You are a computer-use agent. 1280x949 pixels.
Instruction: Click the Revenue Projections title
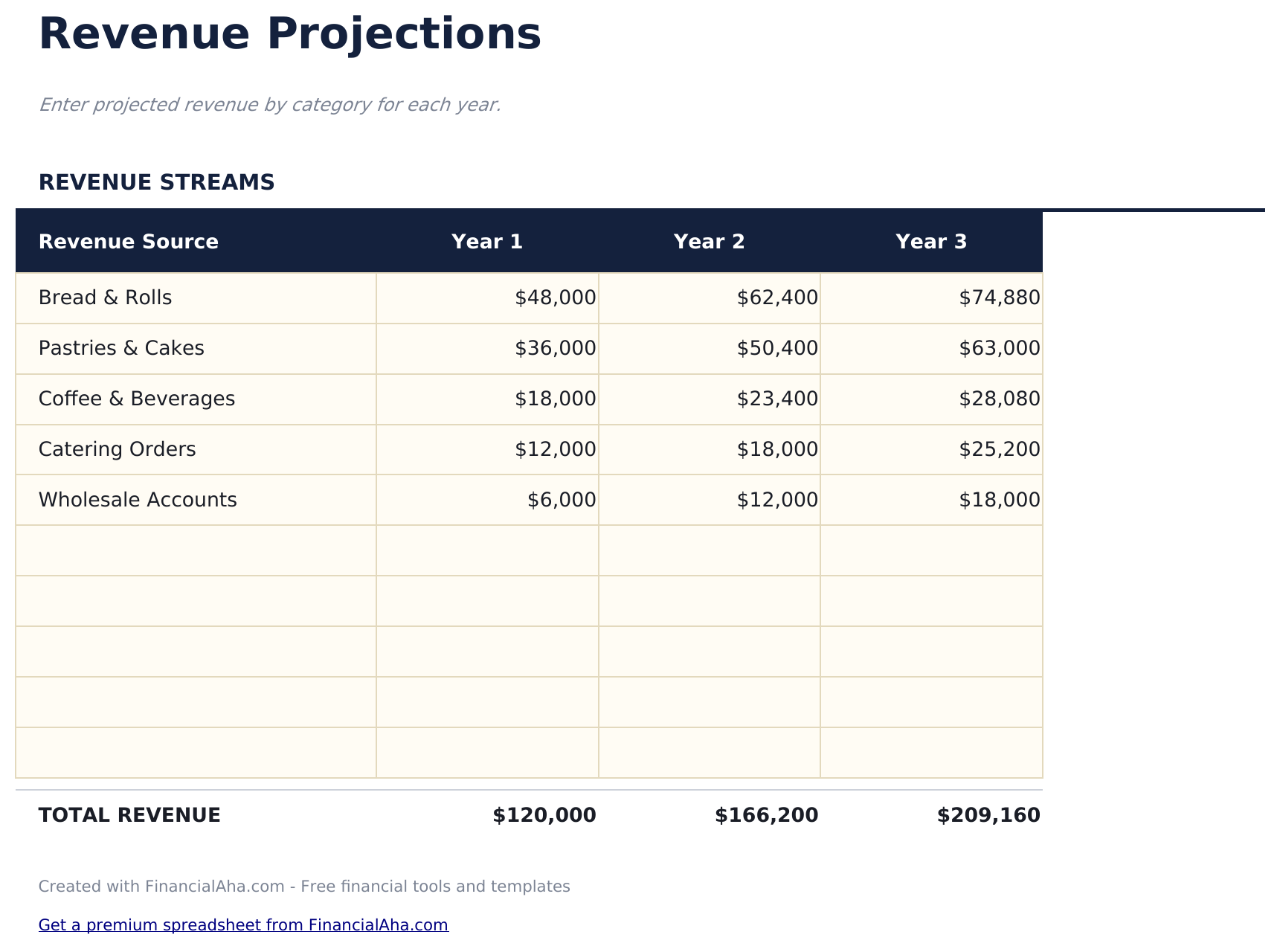(289, 34)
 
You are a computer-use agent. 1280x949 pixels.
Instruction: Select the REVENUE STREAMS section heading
(156, 182)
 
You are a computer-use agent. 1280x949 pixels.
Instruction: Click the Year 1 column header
(487, 242)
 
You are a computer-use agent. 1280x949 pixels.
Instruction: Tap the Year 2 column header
(709, 242)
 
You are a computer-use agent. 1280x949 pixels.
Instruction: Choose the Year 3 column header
(931, 242)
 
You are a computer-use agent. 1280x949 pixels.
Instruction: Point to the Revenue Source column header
(128, 242)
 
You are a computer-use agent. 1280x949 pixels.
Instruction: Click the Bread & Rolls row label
(105, 298)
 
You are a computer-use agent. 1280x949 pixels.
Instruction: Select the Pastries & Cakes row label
(121, 349)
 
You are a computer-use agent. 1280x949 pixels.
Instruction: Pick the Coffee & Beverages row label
(136, 399)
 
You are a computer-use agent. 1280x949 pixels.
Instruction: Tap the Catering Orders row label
(117, 450)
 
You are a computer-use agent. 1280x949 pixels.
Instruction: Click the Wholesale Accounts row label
(138, 500)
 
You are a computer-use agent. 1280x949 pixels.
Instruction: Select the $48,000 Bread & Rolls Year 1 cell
(555, 298)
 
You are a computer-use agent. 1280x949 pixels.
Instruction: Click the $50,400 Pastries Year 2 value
(777, 349)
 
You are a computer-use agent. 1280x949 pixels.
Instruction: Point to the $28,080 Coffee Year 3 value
(999, 399)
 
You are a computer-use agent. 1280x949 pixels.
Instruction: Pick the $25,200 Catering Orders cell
(999, 450)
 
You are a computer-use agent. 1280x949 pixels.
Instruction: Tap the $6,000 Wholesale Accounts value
(562, 500)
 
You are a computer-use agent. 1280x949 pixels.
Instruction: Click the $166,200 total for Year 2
(766, 816)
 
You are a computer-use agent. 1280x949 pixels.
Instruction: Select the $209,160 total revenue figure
(988, 816)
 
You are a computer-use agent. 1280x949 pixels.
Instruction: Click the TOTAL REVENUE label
(129, 816)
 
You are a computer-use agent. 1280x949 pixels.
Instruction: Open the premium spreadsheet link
(243, 925)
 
